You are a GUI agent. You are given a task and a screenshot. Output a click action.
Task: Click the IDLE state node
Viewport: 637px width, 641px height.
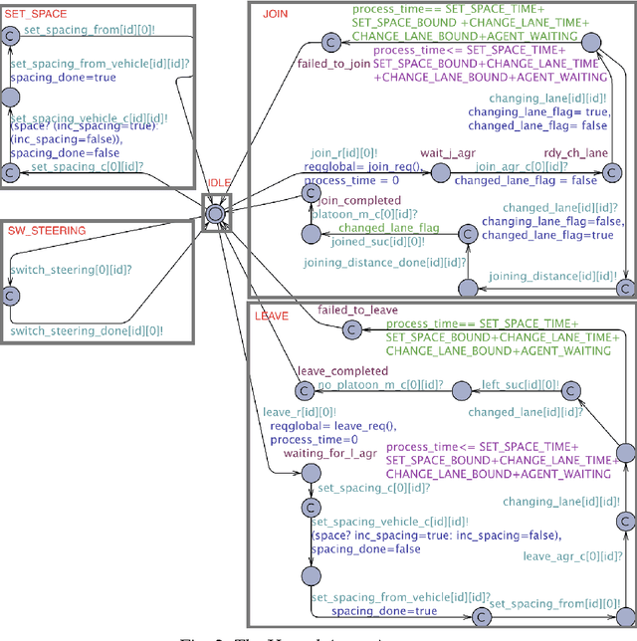tap(217, 211)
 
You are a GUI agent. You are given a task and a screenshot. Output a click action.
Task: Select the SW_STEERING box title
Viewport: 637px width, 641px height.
tap(47, 231)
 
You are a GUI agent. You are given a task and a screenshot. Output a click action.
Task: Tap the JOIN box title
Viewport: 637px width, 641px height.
tap(275, 15)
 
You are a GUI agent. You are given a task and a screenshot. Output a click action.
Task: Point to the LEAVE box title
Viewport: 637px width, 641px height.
tap(273, 316)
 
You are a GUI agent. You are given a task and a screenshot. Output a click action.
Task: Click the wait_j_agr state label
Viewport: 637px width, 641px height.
tap(445, 153)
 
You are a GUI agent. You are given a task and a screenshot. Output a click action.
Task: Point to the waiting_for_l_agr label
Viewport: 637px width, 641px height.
tap(331, 454)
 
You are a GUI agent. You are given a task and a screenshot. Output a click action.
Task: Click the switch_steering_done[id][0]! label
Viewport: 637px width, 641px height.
tap(87, 330)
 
